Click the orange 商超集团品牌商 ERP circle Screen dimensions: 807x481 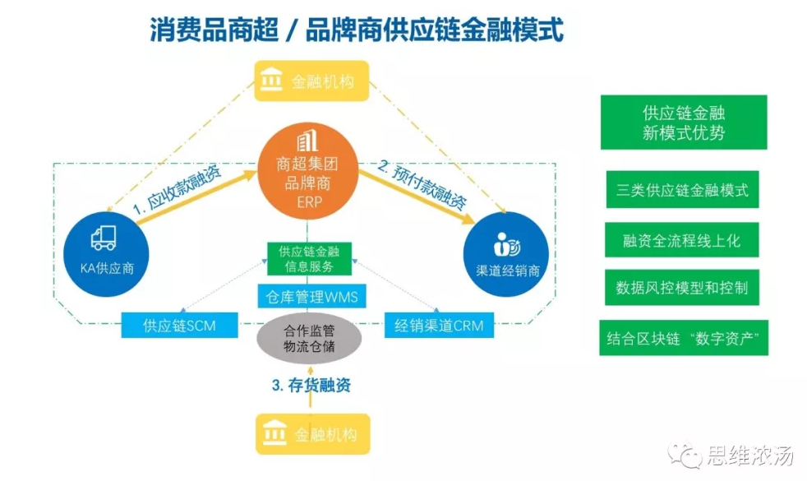308,170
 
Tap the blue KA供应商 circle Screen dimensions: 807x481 106,254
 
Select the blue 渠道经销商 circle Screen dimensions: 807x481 506,254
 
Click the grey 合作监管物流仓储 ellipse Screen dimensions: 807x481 309,339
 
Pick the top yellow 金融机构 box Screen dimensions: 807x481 312,81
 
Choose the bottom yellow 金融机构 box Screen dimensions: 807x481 313,434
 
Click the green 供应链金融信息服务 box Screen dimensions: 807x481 309,258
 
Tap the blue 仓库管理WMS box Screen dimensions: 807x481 312,296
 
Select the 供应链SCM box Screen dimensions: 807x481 180,326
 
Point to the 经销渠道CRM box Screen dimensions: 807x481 439,326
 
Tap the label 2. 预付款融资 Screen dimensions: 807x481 422,184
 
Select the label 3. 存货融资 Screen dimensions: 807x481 311,386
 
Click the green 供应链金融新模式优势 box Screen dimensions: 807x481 684,123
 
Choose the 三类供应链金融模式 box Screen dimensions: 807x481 682,189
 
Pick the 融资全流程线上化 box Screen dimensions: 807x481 682,240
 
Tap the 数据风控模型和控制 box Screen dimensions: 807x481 682,287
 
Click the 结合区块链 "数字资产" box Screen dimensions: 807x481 684,338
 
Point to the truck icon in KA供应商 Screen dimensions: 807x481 104,238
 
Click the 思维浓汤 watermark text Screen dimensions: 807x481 749,456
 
